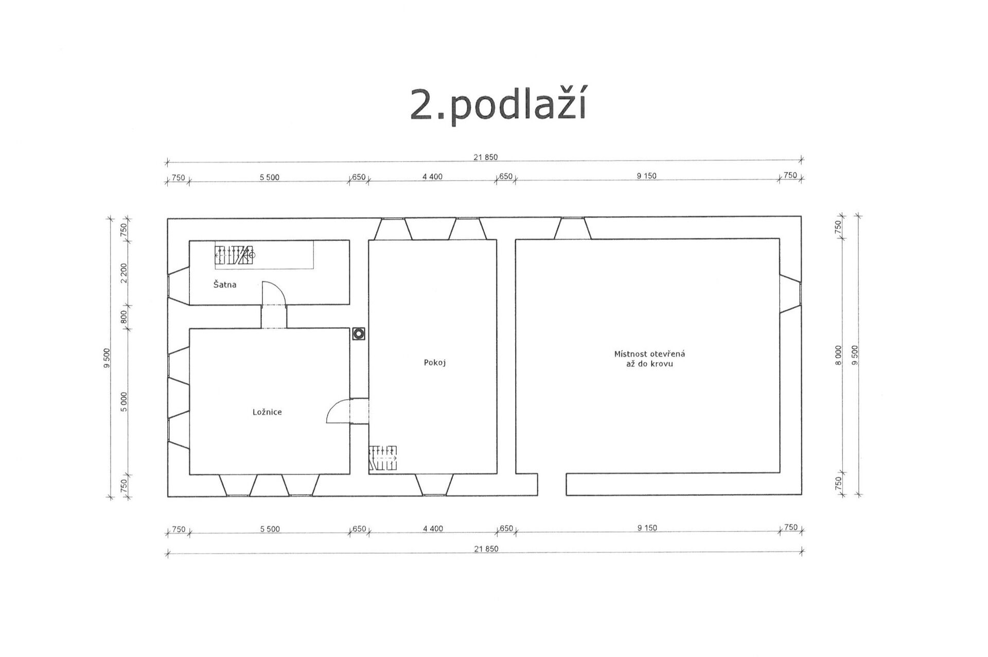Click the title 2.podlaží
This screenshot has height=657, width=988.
[498, 105]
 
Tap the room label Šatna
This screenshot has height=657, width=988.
[225, 285]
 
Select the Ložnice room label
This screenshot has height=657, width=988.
[267, 412]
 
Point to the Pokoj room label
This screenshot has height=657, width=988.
[435, 363]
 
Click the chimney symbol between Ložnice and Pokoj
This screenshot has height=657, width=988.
[359, 334]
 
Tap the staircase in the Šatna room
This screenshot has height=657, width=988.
[235, 255]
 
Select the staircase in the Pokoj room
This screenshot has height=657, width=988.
[383, 458]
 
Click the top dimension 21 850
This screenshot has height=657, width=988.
[486, 157]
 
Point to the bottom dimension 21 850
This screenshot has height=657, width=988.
[486, 549]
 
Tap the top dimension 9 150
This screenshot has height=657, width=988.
[647, 176]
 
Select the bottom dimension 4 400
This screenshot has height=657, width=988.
[433, 529]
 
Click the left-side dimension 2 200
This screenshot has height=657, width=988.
[123, 273]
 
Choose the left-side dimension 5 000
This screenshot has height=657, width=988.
[123, 401]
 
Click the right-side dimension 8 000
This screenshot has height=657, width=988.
[838, 356]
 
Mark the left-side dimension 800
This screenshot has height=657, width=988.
[123, 316]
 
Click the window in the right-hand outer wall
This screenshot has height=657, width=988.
[790, 294]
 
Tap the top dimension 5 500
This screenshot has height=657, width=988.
[270, 177]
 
